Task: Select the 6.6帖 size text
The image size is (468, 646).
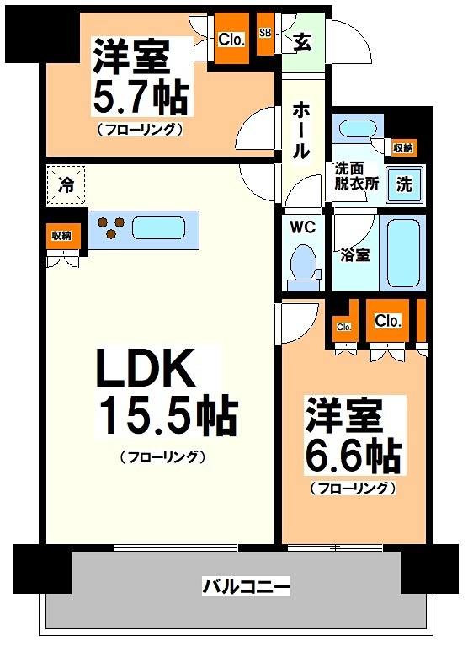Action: (353, 455)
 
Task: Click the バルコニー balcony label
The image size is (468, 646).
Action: (247, 585)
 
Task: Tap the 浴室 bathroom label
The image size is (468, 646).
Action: (354, 255)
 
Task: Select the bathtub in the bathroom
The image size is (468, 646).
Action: (403, 252)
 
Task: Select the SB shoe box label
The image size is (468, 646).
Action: (265, 34)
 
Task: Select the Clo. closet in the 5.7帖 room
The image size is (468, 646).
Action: (231, 39)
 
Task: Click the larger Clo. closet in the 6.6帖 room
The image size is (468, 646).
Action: (387, 321)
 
